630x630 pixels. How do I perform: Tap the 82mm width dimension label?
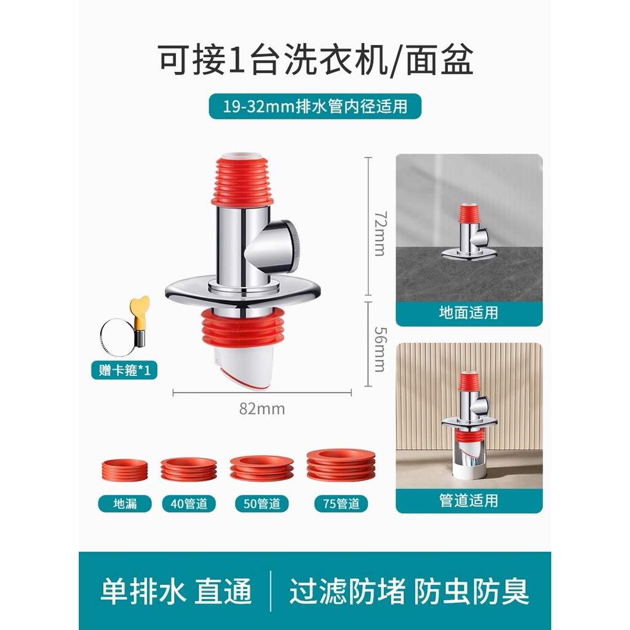click(x=262, y=409)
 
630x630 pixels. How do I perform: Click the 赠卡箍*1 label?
click(x=124, y=370)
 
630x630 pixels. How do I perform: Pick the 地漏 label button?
click(x=125, y=503)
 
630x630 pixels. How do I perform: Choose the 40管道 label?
click(x=189, y=503)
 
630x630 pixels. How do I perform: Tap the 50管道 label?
click(x=261, y=503)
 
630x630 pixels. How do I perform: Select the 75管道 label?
click(x=341, y=503)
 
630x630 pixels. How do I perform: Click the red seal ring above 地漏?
click(x=124, y=469)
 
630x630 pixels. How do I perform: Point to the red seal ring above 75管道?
click(x=341, y=465)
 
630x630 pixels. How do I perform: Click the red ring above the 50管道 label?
click(x=261, y=468)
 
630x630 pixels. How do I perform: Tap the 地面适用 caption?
click(x=469, y=313)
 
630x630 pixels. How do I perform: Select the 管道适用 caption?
click(x=469, y=501)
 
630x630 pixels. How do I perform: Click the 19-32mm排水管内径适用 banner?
click(x=315, y=106)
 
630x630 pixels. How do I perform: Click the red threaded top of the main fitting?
click(x=243, y=180)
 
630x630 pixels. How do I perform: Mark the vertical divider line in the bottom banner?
click(x=271, y=591)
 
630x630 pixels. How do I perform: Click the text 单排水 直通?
click(x=176, y=591)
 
